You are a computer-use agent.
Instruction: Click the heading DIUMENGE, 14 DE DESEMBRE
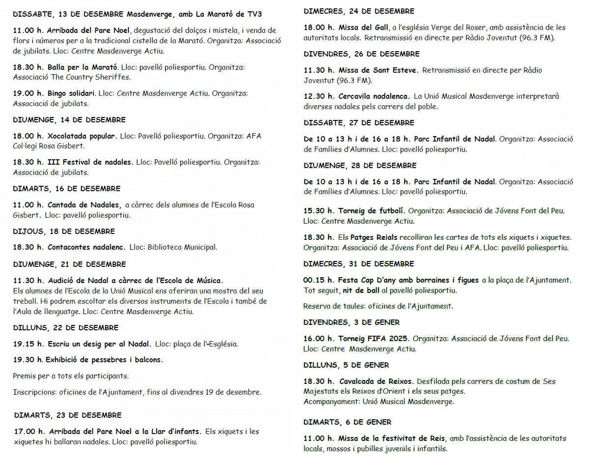(69, 120)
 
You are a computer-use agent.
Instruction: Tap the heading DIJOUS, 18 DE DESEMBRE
(64, 232)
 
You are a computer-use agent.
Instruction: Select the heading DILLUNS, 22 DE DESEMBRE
(66, 328)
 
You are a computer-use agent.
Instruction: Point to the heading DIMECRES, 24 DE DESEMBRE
(359, 11)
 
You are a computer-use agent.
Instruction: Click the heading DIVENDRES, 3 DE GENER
(351, 322)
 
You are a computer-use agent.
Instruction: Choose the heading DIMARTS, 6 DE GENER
(347, 422)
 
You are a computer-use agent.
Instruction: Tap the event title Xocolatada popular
(82, 136)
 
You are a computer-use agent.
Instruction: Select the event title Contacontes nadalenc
(86, 247)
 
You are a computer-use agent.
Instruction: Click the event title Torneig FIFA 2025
(374, 339)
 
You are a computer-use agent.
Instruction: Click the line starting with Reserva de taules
(377, 306)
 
